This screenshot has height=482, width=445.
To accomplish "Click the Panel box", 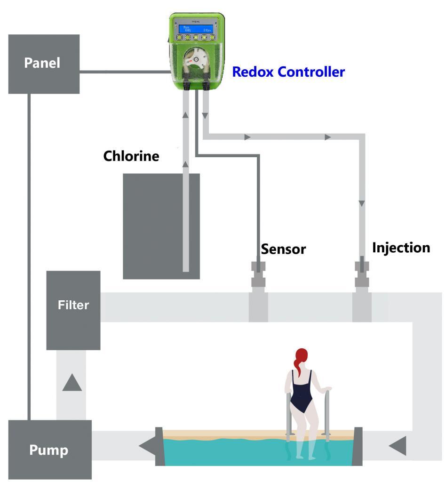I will [44, 64].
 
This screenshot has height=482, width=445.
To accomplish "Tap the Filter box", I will [73, 310].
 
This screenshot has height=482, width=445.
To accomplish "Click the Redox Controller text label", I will [288, 72].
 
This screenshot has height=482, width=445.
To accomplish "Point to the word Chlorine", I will [131, 156].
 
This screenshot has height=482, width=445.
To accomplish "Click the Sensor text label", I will [283, 249].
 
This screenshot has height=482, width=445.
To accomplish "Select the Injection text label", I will [401, 248].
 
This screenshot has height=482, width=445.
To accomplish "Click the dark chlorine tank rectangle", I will [161, 226].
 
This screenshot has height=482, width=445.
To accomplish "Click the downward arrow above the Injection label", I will [361, 203].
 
